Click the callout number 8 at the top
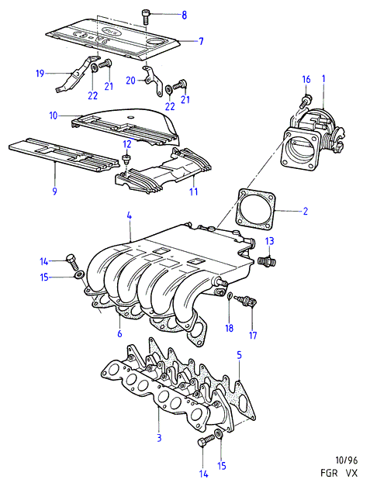coord(185,15)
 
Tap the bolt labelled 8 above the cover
coord(145,16)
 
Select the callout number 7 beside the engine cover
coord(201,41)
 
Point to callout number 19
coord(40,74)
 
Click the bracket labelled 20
coord(154,81)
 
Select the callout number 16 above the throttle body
coord(306,79)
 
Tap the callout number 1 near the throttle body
coord(323,79)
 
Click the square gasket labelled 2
coord(256,210)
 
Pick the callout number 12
coord(127,144)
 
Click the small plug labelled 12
coord(126,160)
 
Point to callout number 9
coord(55,191)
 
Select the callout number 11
coord(194,191)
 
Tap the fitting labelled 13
coord(267,261)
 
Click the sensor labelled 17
coord(247,300)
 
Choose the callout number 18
coord(229,328)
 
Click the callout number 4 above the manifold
coord(129,216)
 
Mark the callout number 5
coord(239,356)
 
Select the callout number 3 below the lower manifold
coord(159,438)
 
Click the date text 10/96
coord(347,460)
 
